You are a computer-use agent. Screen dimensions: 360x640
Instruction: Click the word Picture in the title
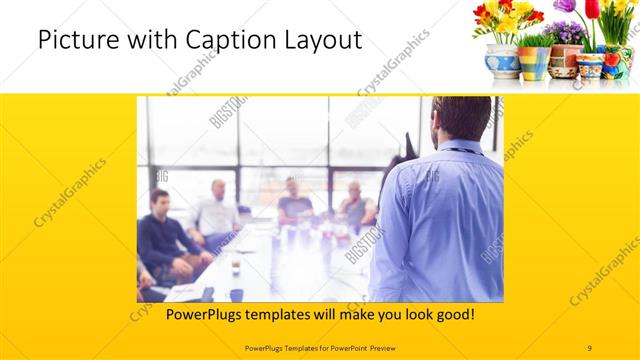[x=72, y=41]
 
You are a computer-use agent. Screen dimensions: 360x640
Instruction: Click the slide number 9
[x=590, y=347]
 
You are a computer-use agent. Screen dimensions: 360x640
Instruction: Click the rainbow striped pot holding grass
[x=534, y=62]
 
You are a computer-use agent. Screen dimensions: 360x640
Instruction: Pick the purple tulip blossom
[x=566, y=7]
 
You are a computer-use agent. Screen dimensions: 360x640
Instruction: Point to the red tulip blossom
[x=591, y=9]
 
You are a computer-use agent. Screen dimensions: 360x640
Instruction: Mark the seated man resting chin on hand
[x=355, y=204]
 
